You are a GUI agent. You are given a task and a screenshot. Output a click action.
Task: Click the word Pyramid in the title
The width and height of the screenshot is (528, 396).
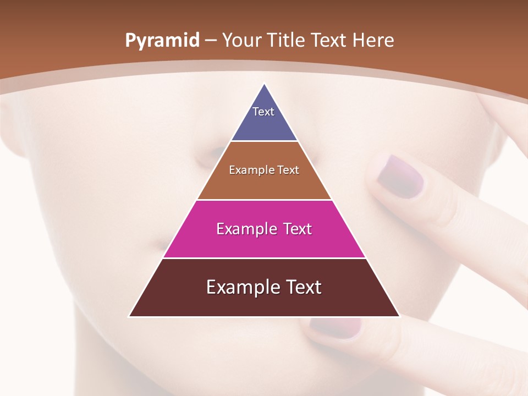point(162,41)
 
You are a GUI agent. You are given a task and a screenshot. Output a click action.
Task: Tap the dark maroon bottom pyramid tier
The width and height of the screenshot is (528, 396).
point(264,302)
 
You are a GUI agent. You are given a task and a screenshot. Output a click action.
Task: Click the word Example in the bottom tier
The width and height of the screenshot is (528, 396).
point(238,287)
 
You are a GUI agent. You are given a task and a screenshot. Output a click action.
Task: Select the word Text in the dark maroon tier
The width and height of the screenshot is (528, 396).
point(301,287)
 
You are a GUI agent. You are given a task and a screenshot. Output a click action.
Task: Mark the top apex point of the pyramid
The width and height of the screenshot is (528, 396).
point(264,84)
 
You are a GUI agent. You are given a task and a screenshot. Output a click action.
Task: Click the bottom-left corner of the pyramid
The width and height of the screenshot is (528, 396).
point(129,316)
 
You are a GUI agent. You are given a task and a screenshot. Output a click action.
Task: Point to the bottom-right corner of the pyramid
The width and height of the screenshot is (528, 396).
point(399,316)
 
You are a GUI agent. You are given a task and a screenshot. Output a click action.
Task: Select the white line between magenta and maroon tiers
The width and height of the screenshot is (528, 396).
point(264,258)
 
